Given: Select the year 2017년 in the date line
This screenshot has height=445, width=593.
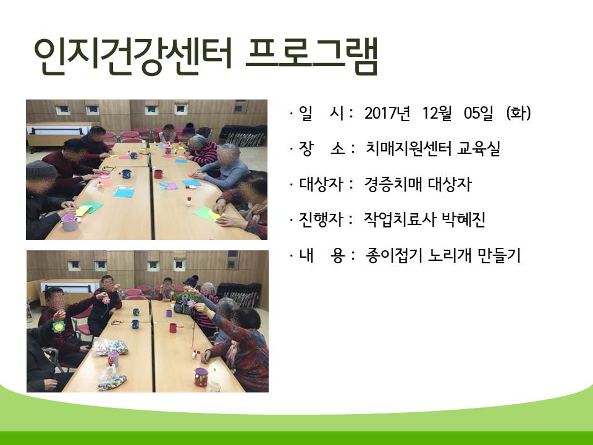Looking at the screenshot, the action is (x=387, y=113).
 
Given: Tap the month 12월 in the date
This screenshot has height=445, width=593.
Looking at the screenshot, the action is (x=437, y=113).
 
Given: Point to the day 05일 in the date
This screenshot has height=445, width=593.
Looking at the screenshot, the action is (x=478, y=113).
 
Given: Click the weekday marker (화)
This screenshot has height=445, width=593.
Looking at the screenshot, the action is (x=518, y=113).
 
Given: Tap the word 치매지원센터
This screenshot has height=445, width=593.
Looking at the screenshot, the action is (x=409, y=149).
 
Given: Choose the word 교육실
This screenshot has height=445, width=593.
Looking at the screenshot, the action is (x=479, y=149).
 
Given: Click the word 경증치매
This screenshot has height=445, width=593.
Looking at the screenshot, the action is (x=393, y=184).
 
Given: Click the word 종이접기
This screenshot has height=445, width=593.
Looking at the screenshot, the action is (x=394, y=255).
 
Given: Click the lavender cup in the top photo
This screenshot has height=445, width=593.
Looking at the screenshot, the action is (x=70, y=222).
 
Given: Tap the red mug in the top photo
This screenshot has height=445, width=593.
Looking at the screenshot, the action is (x=159, y=174).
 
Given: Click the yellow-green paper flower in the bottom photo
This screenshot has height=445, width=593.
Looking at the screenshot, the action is (x=59, y=326).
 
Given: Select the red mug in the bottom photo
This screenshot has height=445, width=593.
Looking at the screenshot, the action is (x=173, y=328).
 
